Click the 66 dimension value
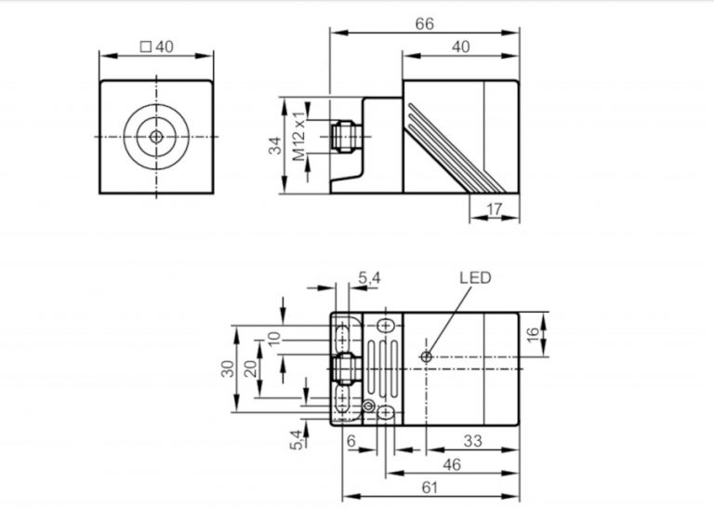click(425, 22)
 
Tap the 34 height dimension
click(274, 145)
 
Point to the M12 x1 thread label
click(300, 136)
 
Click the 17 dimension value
click(495, 210)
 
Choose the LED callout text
click(474, 277)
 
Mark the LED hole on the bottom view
click(425, 356)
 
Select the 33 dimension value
click(472, 442)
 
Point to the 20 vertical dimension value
click(249, 368)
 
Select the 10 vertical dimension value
click(273, 340)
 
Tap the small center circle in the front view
click(156, 137)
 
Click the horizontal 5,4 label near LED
click(368, 277)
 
